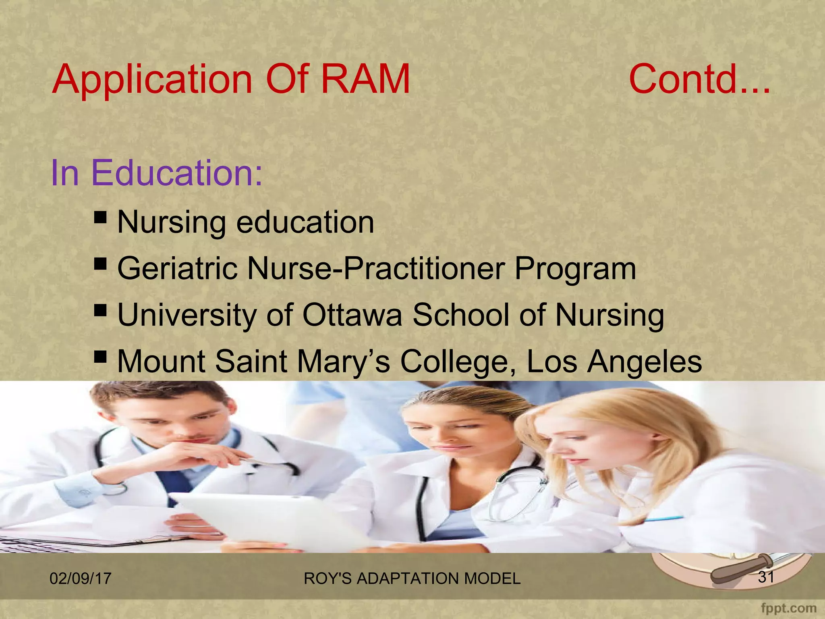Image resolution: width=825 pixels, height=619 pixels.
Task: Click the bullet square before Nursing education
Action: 100,218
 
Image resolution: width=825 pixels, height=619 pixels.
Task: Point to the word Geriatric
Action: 177,269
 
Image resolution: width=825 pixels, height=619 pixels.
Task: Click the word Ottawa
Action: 352,315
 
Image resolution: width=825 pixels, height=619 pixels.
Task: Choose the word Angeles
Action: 645,361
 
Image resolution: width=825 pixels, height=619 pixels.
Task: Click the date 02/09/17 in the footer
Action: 80,578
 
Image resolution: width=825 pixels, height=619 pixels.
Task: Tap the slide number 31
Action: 766,577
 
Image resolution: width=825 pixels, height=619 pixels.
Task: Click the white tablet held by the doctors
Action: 258,520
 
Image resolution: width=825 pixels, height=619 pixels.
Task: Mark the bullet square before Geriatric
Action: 100,264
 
